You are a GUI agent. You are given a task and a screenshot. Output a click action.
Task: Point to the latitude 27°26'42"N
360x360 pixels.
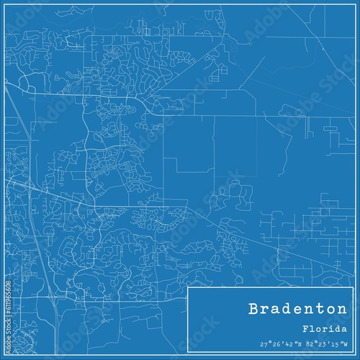(x=277, y=343)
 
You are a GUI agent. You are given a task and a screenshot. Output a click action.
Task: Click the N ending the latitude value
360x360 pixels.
(x=297, y=343)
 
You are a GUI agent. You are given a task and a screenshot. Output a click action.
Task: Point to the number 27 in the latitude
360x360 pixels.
(x=262, y=343)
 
